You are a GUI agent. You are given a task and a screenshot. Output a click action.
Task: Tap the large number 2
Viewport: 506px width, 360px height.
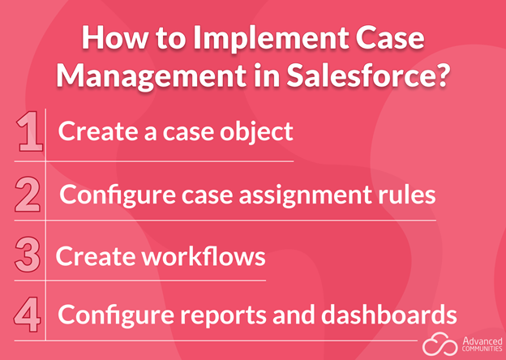28,194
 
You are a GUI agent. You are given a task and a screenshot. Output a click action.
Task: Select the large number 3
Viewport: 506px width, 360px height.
28,255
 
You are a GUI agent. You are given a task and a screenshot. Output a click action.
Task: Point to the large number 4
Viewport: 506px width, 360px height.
27,315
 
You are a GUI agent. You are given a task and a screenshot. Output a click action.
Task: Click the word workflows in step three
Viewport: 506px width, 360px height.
200,255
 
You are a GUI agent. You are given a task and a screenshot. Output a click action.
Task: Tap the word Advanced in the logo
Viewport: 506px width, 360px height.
482,341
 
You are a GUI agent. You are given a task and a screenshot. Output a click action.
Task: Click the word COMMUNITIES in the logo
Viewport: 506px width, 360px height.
482,349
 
